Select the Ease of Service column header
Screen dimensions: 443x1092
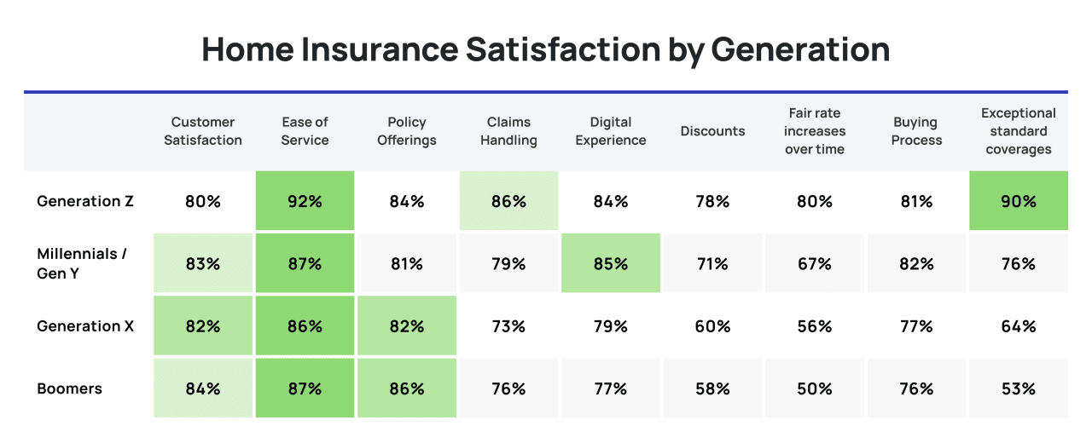[x=305, y=131]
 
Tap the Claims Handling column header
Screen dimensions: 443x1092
[x=508, y=131]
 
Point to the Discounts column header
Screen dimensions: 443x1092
[x=712, y=131]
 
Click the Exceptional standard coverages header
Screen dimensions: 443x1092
[x=1018, y=131]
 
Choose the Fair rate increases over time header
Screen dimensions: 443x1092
[x=815, y=131]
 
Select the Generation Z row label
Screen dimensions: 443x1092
[x=85, y=202]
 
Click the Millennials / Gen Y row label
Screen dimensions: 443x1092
[x=82, y=263]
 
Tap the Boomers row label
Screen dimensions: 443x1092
[x=69, y=388]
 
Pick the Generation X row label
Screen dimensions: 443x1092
[x=85, y=326]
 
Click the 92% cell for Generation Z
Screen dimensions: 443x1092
[x=305, y=202]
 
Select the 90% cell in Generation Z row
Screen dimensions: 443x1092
[x=1018, y=202]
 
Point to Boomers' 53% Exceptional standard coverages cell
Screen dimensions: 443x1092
[x=1018, y=388]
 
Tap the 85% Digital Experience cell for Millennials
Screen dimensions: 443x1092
[x=611, y=264]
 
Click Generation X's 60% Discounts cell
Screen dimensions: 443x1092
[x=712, y=326]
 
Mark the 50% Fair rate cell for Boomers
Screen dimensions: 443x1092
[x=815, y=388]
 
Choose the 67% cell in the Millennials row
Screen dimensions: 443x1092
[x=815, y=264]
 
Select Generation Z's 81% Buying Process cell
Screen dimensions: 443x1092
[x=916, y=202]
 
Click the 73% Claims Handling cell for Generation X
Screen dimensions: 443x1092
[x=508, y=326]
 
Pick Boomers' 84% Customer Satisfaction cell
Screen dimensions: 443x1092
[x=203, y=388]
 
